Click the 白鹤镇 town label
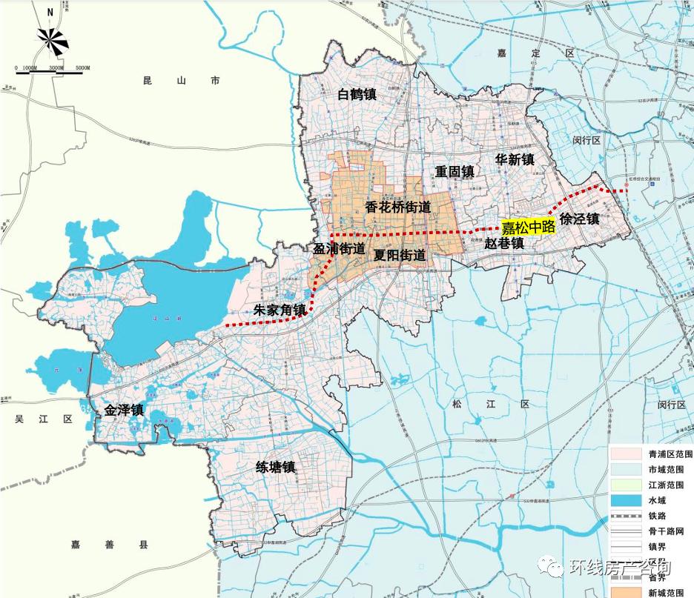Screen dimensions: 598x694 [357, 94]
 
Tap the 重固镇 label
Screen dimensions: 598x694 [454, 171]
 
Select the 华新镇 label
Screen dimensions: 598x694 [515, 159]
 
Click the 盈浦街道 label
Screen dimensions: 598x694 [340, 249]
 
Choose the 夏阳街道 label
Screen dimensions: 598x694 [400, 255]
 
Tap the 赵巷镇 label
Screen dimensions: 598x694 [504, 242]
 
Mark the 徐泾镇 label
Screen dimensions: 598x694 [579, 219]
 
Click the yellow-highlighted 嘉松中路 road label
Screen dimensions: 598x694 [528, 227]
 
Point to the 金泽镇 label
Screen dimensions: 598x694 [124, 410]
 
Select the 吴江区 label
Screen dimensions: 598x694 [44, 419]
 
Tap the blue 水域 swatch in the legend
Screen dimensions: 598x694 [627, 501]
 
